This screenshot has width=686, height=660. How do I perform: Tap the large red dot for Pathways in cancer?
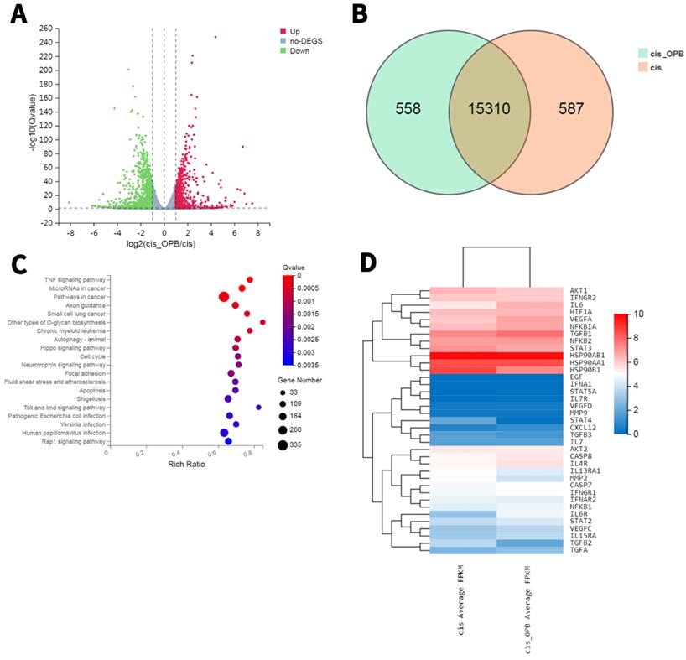point(224,297)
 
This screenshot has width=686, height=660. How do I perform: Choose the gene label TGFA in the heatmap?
point(578,550)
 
